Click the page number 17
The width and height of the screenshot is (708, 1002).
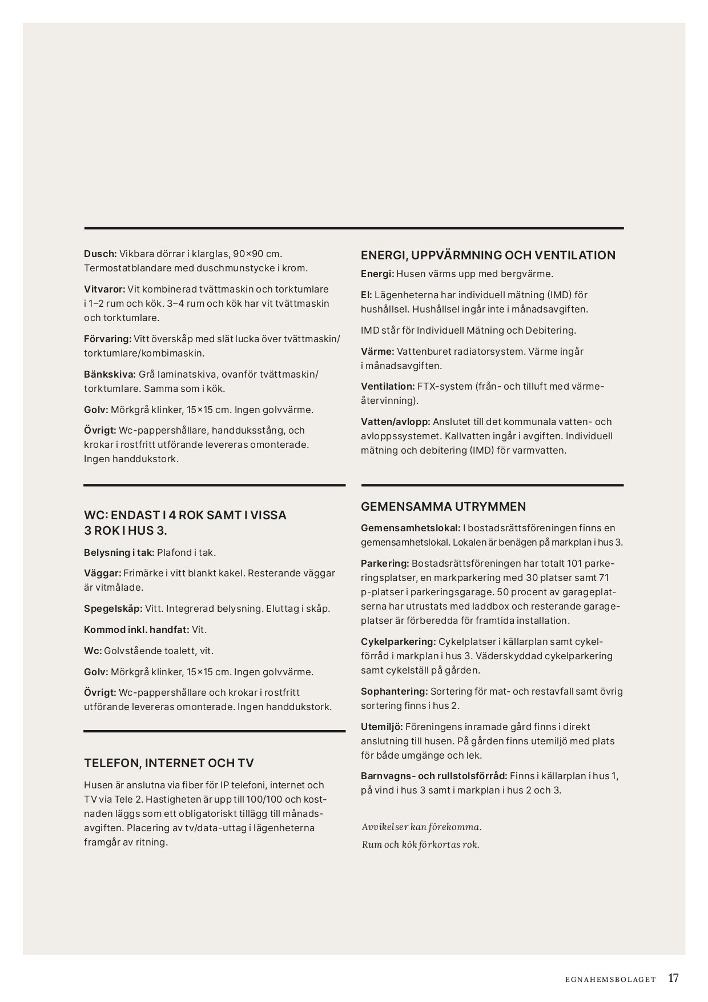coord(674,978)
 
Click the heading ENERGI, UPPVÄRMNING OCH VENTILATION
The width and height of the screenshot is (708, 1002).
coord(488,255)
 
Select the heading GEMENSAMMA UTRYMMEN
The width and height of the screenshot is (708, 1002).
coord(443,507)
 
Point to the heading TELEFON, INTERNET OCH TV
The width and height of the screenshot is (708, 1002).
coord(169,763)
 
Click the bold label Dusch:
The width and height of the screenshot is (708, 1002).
coord(100,254)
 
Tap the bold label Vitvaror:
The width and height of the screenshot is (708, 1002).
coord(104,289)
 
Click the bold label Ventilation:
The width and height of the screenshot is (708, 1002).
coord(388,386)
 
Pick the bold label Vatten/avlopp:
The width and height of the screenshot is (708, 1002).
coord(395,422)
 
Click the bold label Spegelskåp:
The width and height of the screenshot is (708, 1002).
coord(113,608)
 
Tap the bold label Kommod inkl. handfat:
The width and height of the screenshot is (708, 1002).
coord(136,630)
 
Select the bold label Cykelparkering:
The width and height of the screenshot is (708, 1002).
coord(398,642)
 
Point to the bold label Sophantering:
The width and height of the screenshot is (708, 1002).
coord(394,691)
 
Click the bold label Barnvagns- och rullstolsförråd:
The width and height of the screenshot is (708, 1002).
coord(434,776)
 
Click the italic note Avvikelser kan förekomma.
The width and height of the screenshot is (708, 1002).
coord(421,827)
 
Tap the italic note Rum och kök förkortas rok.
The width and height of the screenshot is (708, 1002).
coord(420,844)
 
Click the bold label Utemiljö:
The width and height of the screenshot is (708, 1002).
coord(382,727)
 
